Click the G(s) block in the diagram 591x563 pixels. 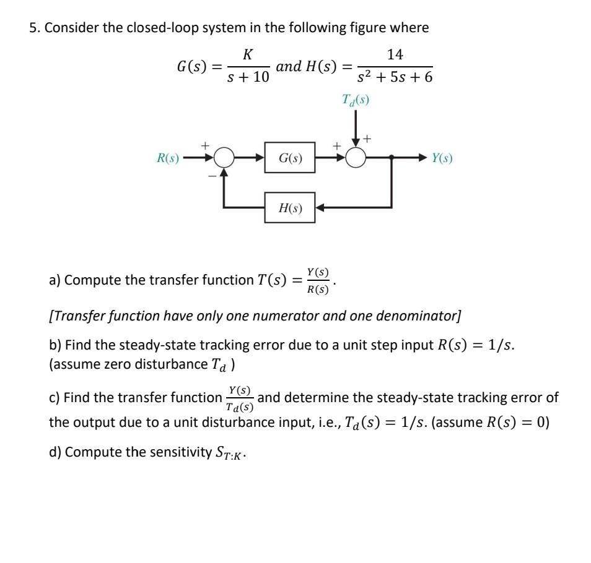point(289,158)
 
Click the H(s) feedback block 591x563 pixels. point(289,208)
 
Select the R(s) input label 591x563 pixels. point(167,158)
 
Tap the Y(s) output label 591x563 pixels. point(442,158)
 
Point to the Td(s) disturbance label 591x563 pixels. point(356,100)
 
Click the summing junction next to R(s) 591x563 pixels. point(224,158)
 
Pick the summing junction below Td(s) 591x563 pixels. point(356,158)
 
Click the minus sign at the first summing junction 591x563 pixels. point(211,176)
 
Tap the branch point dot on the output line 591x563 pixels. point(391,158)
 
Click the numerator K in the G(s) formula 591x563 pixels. point(247,55)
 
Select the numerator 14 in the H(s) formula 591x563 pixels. point(395,55)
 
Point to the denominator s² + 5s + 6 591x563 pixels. point(395,79)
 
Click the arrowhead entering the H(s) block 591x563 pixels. point(321,208)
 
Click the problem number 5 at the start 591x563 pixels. point(33,28)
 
